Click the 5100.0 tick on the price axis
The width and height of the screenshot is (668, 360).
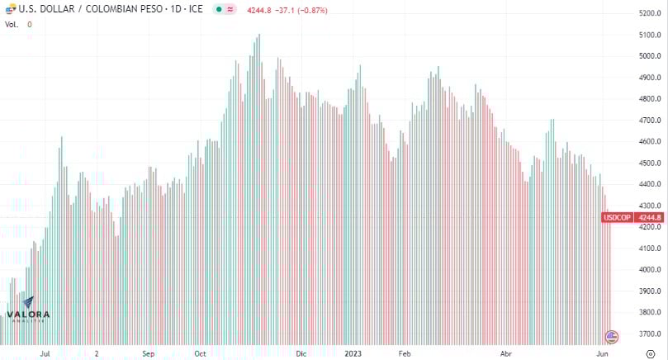click(x=650, y=35)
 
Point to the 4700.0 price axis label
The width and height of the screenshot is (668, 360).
click(x=650, y=121)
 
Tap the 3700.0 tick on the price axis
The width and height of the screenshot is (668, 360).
click(x=650, y=334)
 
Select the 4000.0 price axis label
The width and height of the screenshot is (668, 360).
click(x=650, y=270)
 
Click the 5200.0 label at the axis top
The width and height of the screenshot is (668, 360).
click(x=650, y=13)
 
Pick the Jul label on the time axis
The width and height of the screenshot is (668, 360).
click(x=45, y=353)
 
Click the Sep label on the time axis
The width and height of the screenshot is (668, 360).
click(x=148, y=353)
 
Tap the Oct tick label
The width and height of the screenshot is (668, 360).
click(x=200, y=353)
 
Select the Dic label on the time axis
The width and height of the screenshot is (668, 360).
click(x=301, y=353)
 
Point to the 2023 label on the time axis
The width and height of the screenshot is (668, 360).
click(x=353, y=353)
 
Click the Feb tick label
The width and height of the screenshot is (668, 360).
click(x=405, y=353)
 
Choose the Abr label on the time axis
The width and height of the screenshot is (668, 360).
click(x=506, y=353)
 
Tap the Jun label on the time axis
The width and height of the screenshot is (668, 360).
click(x=603, y=353)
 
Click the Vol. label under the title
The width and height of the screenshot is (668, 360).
click(x=12, y=24)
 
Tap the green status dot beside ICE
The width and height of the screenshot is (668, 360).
click(x=217, y=10)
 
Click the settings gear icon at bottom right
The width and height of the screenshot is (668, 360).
click(x=650, y=353)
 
